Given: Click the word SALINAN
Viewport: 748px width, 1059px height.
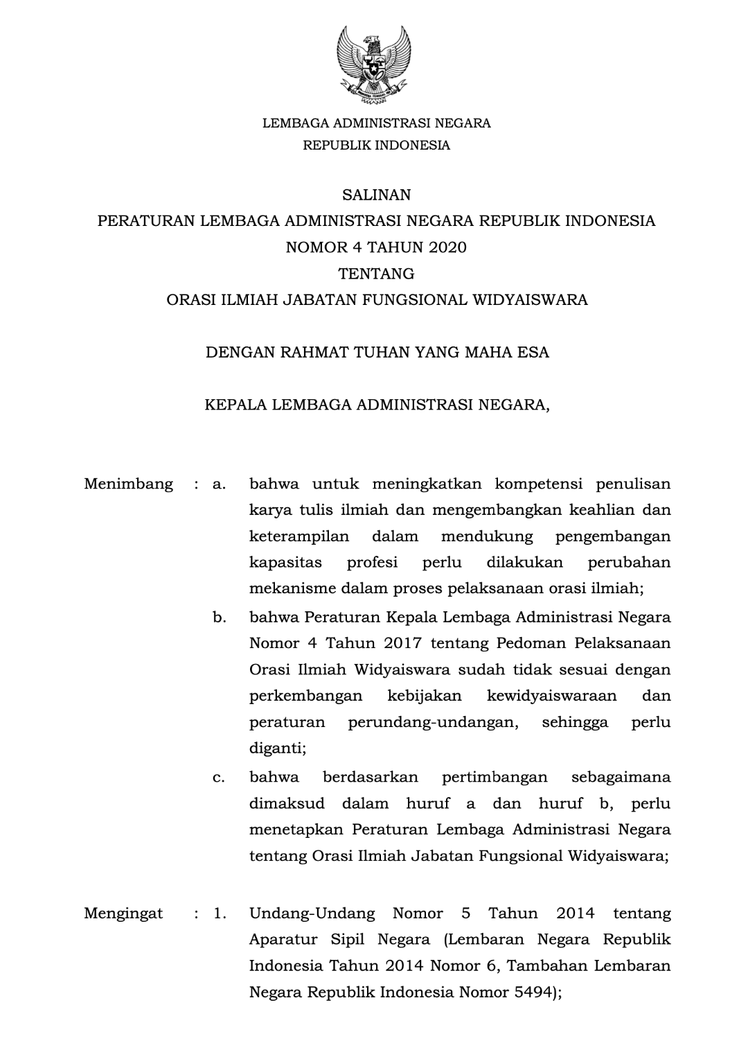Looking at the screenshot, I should tap(376, 195).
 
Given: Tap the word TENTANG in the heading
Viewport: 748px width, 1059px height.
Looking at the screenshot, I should tap(376, 274).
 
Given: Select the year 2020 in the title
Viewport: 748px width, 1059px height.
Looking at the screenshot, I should tap(445, 247).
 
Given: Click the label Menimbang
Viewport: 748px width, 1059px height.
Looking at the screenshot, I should tap(129, 484).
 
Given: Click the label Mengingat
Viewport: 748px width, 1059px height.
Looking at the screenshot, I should tap(124, 913).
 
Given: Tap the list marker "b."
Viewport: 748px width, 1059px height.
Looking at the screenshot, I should tap(220, 617).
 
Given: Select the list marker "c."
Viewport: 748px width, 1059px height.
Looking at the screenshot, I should tap(220, 778).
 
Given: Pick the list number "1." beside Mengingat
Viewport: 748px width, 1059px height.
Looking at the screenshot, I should tap(220, 913).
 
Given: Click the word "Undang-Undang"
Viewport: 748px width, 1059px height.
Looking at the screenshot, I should tap(312, 913).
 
